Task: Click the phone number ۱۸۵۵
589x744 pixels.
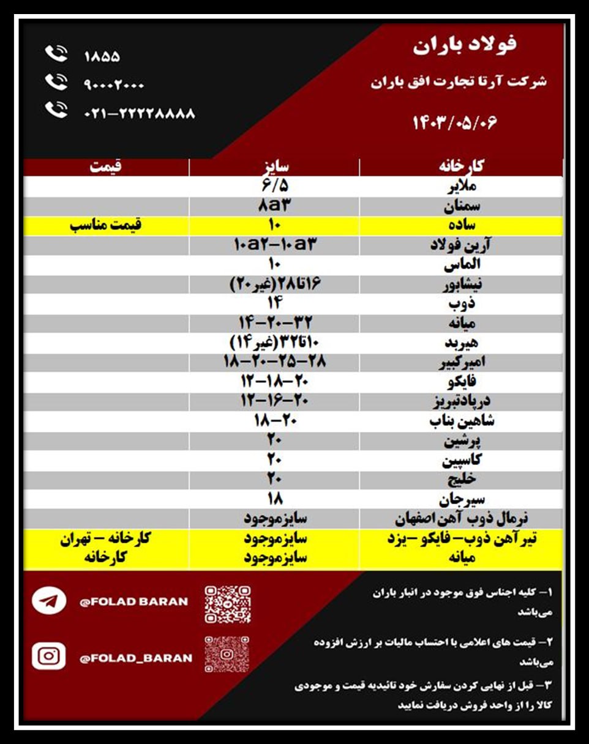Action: (x=102, y=57)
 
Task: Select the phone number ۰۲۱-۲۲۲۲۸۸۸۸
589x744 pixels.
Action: (x=139, y=113)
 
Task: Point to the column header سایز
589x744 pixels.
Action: (x=274, y=166)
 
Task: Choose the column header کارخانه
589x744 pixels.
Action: (x=460, y=166)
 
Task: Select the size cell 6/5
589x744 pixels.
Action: (x=274, y=186)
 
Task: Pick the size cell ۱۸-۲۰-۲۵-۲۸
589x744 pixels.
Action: (x=274, y=362)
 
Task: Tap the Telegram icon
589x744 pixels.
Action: (x=49, y=601)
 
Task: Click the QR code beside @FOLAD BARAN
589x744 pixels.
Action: (x=227, y=603)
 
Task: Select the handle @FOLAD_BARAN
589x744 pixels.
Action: (x=135, y=658)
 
